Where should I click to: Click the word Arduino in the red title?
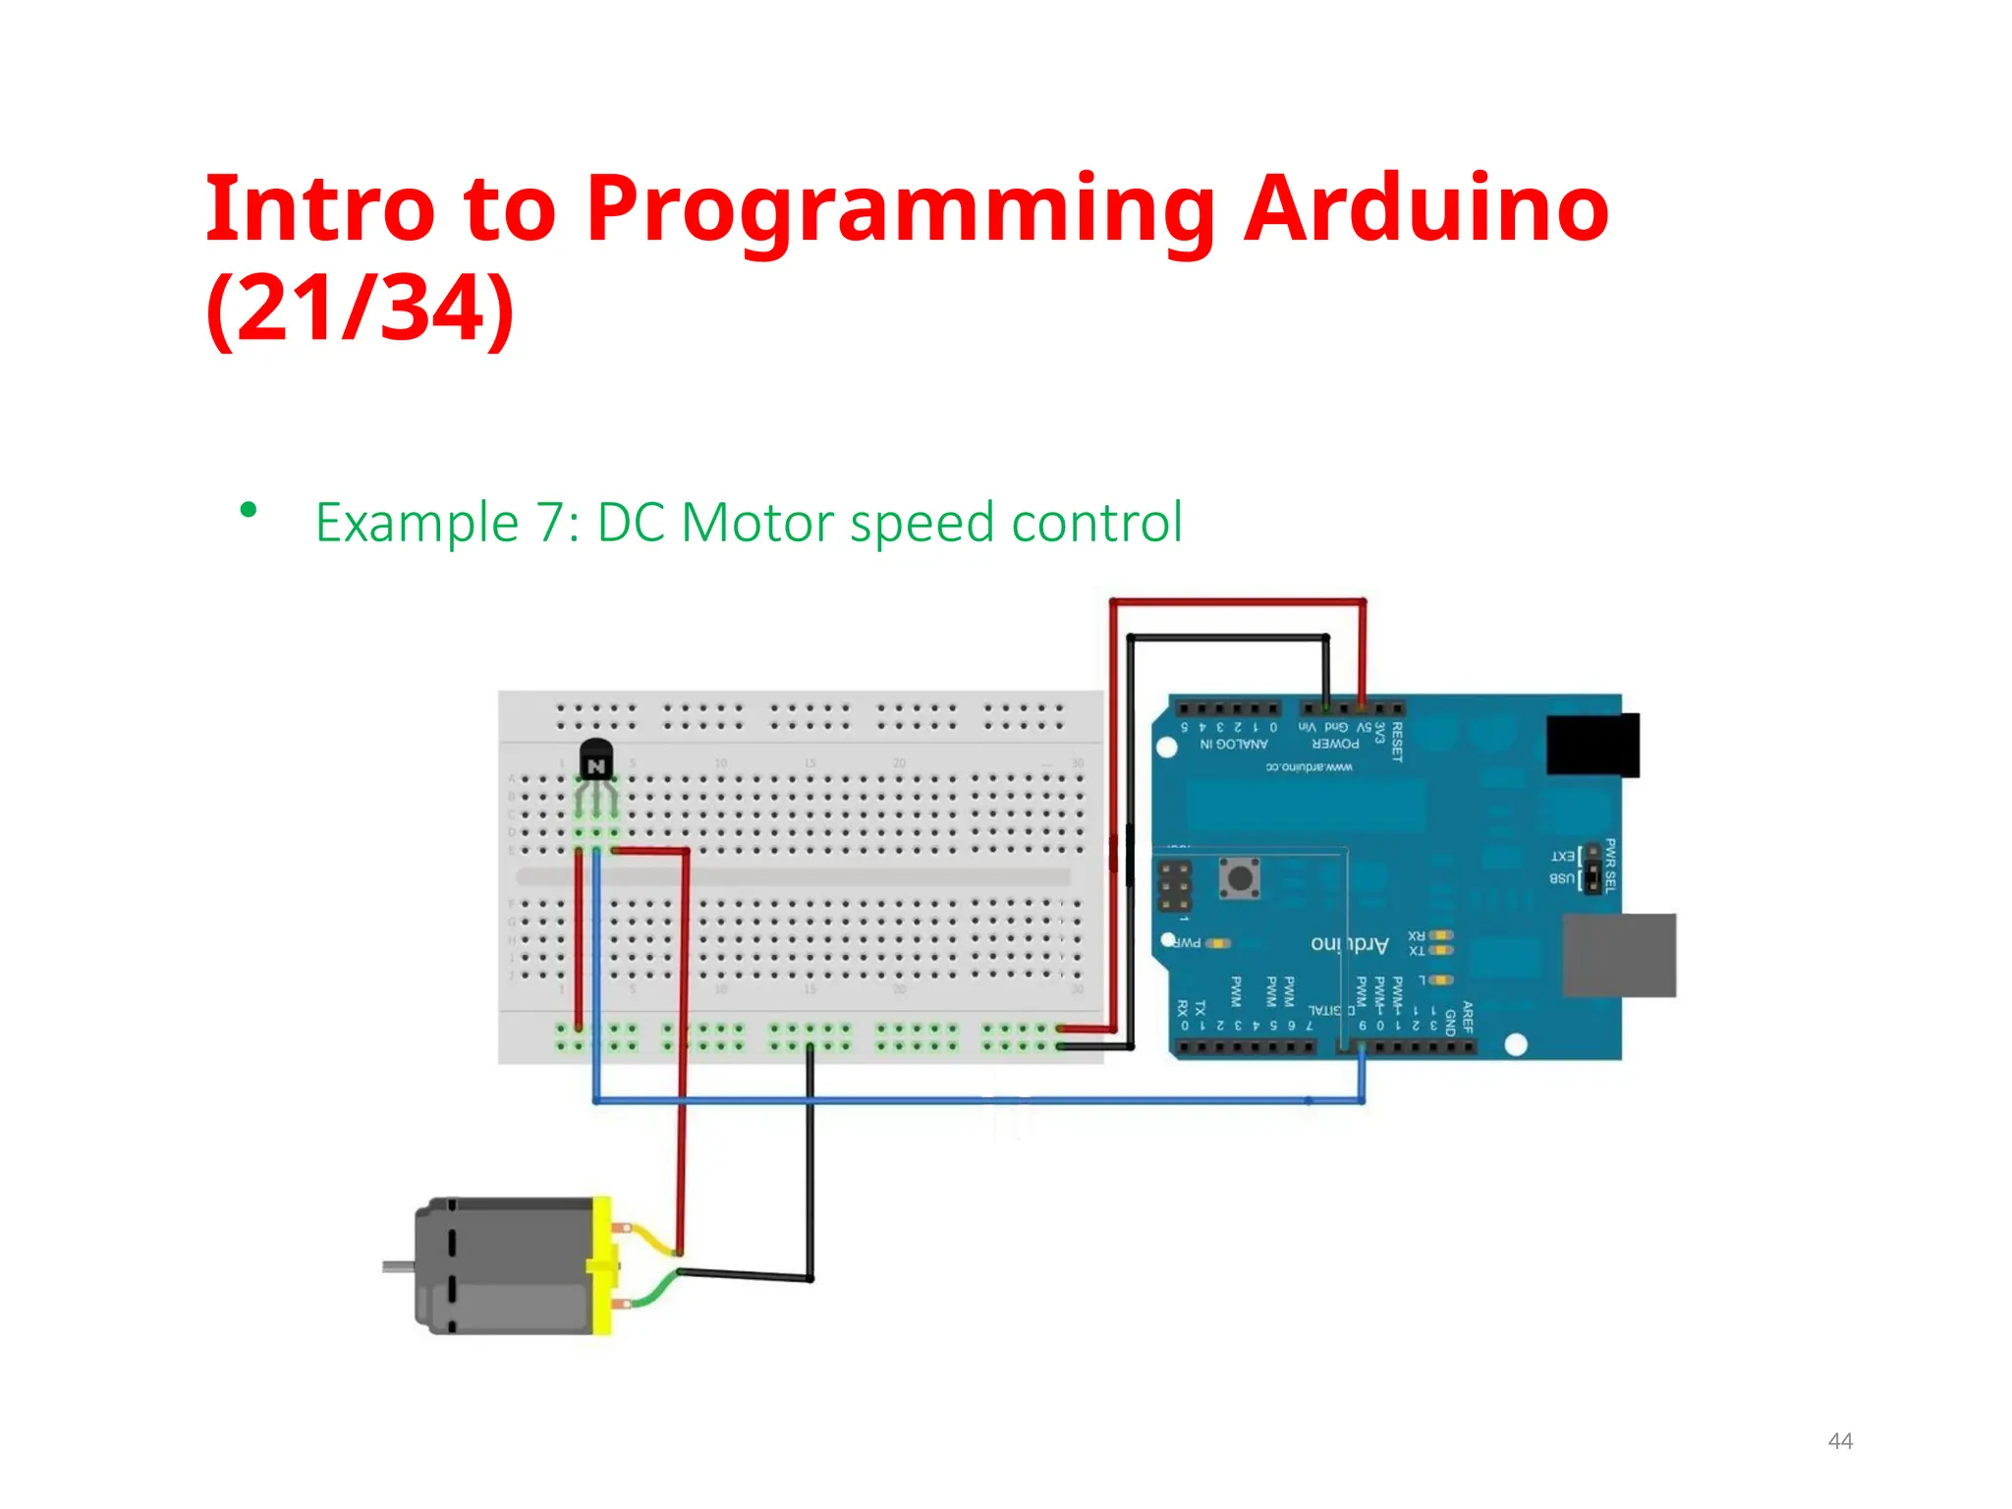coord(1425,208)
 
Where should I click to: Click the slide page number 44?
coord(1839,1440)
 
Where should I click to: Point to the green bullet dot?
coord(249,510)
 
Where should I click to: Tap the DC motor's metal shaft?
coord(397,1267)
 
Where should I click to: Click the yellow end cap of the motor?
coord(601,1265)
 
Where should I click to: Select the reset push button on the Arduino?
coord(1240,876)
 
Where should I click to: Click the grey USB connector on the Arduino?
coord(1618,955)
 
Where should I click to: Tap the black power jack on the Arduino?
coord(1592,746)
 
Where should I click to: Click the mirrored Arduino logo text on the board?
coord(1349,944)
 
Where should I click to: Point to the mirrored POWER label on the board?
coord(1335,744)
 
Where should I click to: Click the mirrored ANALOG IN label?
coord(1233,744)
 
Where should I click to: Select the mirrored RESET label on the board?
coord(1397,742)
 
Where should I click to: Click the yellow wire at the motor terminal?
coord(650,1240)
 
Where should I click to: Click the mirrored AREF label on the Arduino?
coord(1467,1017)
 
